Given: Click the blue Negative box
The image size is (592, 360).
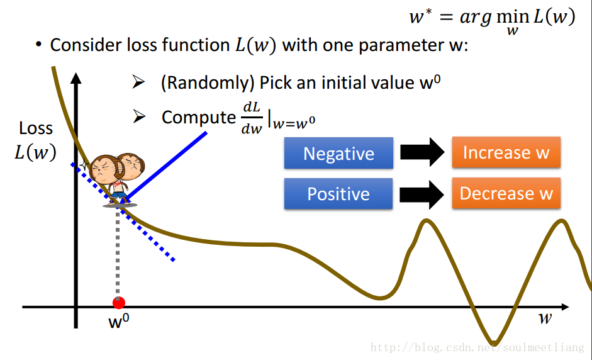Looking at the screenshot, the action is pos(338,153).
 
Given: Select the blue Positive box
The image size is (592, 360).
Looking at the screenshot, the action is pos(338,194).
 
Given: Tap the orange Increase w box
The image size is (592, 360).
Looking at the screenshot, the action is pos(506,152).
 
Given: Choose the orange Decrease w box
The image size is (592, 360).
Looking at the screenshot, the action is pos(506,193).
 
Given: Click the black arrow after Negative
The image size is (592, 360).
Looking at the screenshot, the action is pos(422,152).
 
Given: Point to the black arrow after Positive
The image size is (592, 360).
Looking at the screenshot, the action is pos(422,194).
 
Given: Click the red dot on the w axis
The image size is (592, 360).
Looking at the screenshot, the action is pos(118,303).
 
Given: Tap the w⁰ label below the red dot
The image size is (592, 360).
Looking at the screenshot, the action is pos(118,321).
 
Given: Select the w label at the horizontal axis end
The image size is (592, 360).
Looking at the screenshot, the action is pos(545,318).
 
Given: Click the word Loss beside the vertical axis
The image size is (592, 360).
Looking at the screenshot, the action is pos(36,128).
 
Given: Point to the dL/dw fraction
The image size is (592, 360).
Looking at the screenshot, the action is pos(252,118).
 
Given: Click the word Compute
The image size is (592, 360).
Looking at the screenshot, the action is pos(199,118).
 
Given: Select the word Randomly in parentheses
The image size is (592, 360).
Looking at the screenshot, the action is pos(208,82).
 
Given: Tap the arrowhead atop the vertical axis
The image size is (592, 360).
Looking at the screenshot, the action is pos(76,78).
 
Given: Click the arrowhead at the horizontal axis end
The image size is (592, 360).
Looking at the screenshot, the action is pos(565,307).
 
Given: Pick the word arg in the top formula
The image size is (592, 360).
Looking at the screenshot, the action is pos(476,18).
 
